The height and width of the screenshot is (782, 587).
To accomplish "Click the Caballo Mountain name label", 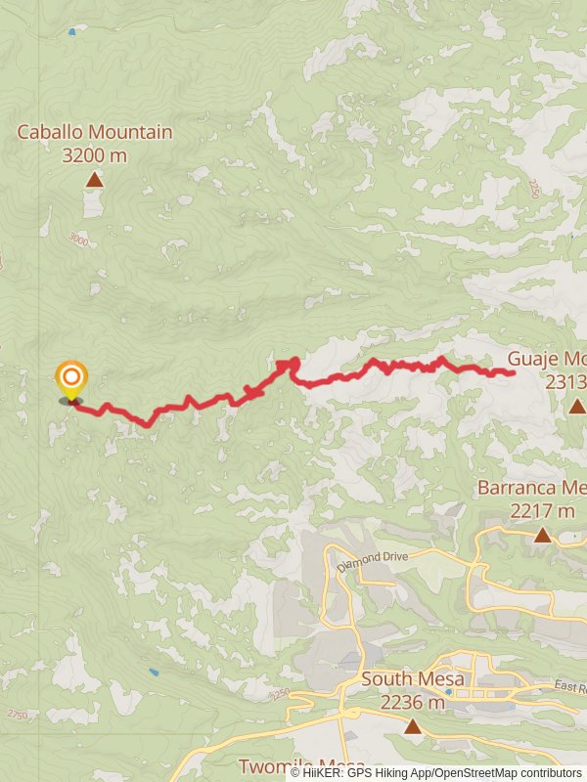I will tap(95, 132).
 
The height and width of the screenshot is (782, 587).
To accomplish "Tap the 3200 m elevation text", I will tap(94, 154).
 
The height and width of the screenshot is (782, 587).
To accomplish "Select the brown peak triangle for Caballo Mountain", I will tap(94, 180).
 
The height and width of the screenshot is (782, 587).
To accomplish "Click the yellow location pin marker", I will tap(70, 379).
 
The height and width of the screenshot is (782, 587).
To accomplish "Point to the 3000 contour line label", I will tap(78, 240).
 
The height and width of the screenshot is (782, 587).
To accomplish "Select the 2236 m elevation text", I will tap(413, 701).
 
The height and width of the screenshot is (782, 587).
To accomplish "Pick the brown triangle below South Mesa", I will tap(413, 726).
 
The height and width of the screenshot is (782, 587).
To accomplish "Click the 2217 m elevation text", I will tap(542, 510).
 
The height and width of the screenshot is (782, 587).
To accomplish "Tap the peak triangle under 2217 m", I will tap(542, 535).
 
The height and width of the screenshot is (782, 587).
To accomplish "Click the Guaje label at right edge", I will tap(546, 359).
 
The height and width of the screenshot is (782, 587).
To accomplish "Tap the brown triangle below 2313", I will tap(577, 405).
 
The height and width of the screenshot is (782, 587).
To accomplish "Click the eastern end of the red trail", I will tap(513, 372).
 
